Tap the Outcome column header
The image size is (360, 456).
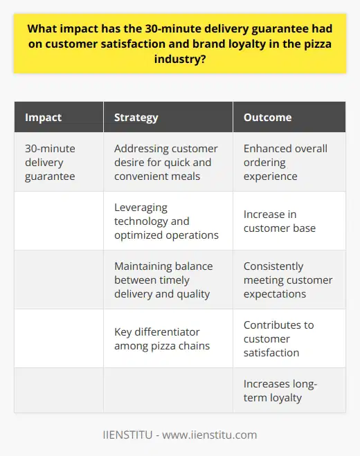[x=267, y=118]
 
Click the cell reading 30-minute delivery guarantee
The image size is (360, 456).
[x=53, y=162]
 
